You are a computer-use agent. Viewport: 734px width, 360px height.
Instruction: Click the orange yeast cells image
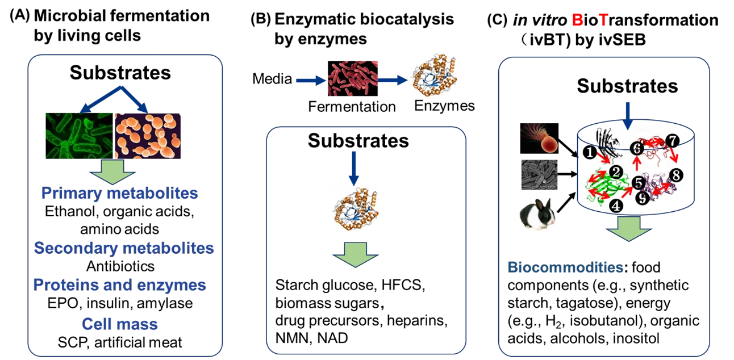pos(148,135)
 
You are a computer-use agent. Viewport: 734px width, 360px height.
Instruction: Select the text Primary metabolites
pos(119,194)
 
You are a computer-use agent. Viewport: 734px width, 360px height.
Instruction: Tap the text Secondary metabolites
pos(123,248)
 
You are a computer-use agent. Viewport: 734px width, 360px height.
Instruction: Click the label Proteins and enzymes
pos(119,284)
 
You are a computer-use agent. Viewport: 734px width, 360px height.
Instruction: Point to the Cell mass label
pos(119,324)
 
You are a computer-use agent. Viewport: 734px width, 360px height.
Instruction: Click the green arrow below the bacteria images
pos(112,171)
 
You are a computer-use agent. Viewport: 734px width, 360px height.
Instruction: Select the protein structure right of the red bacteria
pos(431,75)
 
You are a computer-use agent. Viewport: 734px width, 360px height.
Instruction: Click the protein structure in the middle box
pos(354,208)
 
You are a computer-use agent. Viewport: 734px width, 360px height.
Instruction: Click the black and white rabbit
pos(538,214)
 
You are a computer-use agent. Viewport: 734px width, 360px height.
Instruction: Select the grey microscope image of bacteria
pos(538,174)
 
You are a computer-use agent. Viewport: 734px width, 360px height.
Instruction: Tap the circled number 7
pos(672,140)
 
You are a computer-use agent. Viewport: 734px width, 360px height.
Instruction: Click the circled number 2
pos(615,171)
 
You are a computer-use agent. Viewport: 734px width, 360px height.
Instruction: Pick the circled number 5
pos(639,183)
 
